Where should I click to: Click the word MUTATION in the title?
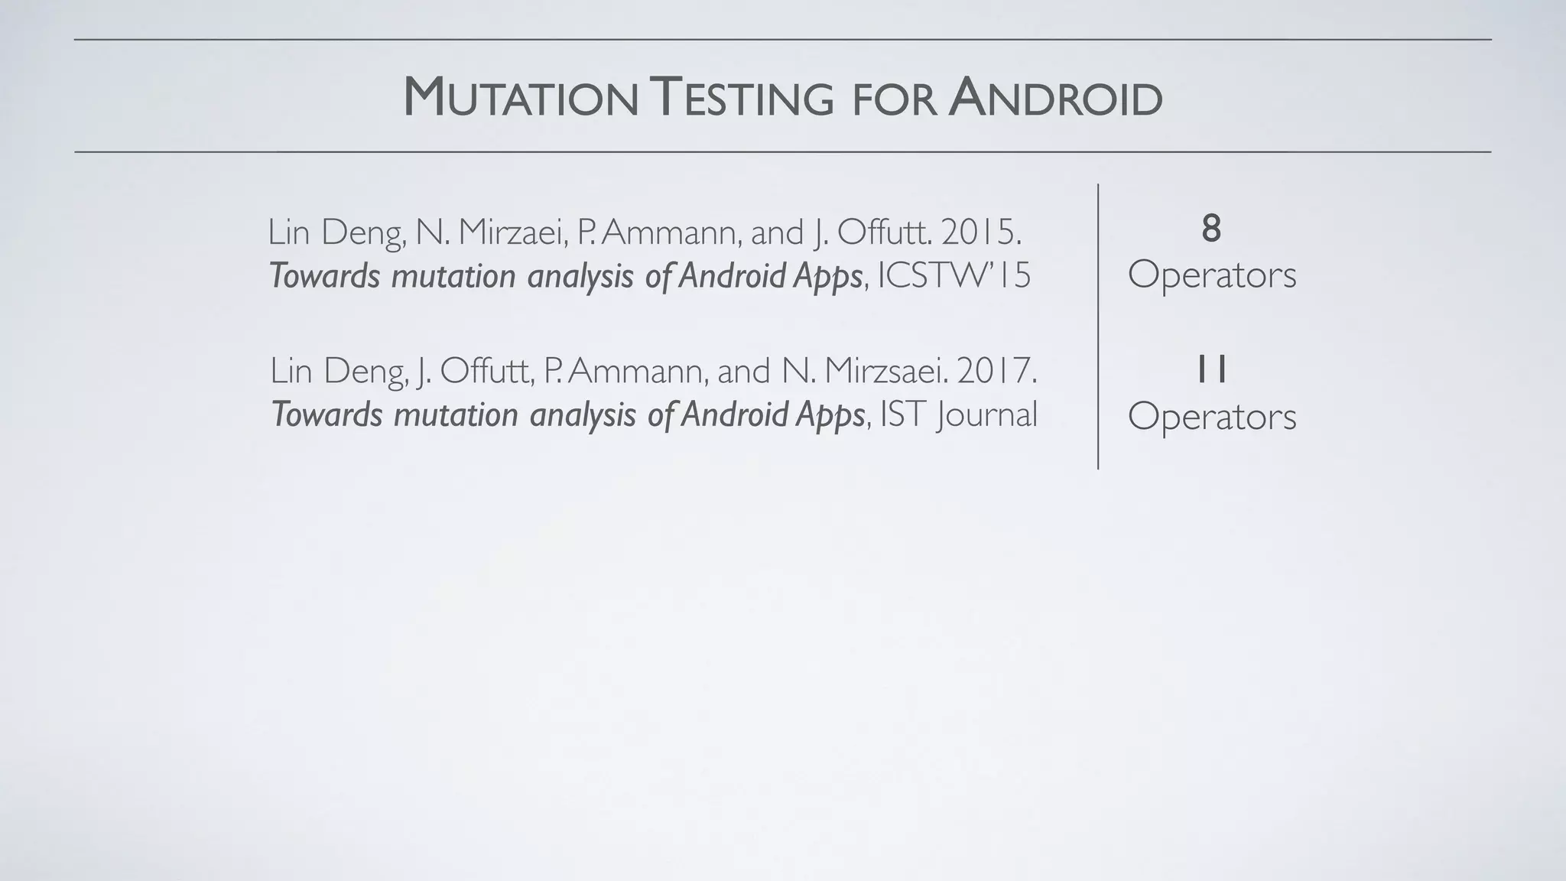point(520,99)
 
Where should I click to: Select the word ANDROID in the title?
point(1055,99)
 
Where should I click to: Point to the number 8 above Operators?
point(1211,229)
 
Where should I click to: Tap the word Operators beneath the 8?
point(1212,275)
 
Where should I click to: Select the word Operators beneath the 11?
point(1212,417)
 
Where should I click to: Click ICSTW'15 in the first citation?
point(954,276)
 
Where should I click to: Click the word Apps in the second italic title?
point(830,415)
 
